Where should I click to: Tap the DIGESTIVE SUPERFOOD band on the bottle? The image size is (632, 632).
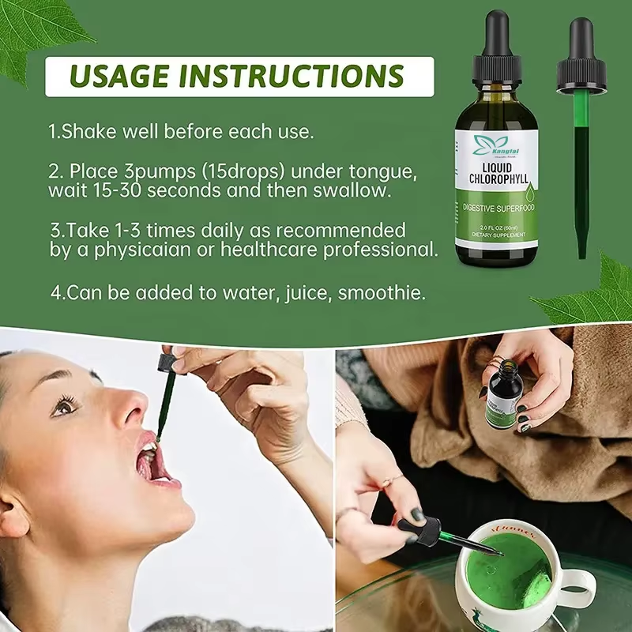pyautogui.click(x=497, y=208)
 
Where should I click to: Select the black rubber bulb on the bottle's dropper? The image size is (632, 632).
pyautogui.click(x=496, y=36)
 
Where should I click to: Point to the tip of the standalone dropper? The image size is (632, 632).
pyautogui.click(x=582, y=254)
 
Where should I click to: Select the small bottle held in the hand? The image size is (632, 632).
pyautogui.click(x=503, y=396)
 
